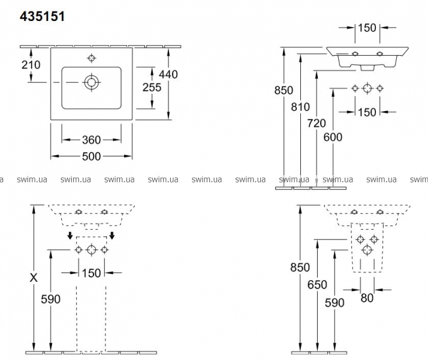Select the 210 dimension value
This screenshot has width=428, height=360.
click(x=31, y=65)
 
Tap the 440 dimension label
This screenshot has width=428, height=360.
click(x=168, y=74)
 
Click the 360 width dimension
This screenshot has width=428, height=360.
click(x=91, y=140)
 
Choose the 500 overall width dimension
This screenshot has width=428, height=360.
click(x=91, y=155)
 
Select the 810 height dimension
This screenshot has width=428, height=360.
click(x=300, y=107)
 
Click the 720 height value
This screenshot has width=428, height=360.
click(x=316, y=124)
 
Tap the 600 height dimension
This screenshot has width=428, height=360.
click(x=332, y=137)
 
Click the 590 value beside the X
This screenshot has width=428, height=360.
click(x=50, y=298)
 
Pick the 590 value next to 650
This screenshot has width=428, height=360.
click(x=334, y=303)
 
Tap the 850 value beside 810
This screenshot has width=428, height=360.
click(x=283, y=91)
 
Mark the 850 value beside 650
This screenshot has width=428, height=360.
click(x=300, y=268)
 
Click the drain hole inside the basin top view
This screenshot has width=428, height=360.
click(x=91, y=82)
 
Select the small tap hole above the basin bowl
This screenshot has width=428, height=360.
click(x=91, y=58)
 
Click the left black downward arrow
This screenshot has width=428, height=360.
click(x=70, y=235)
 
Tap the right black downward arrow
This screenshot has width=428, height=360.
click(x=111, y=235)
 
